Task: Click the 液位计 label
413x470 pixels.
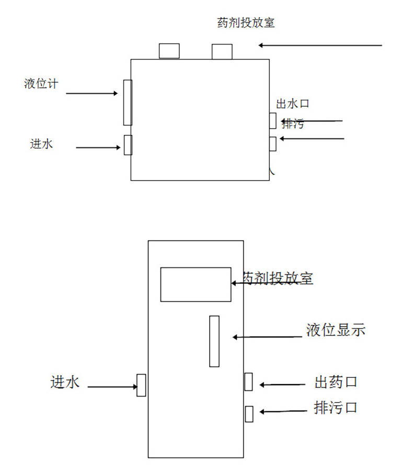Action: pos(41,83)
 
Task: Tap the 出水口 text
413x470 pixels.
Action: pos(293,104)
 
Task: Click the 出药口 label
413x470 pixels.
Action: pos(336,382)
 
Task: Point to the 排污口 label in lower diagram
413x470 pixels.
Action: pos(336,407)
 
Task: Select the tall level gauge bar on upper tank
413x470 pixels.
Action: pos(128,103)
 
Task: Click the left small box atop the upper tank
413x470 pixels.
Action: pos(169,51)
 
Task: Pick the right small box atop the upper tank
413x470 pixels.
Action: pos(222,51)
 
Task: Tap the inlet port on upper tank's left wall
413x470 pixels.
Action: pos(128,145)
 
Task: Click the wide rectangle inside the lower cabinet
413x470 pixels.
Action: pos(196,284)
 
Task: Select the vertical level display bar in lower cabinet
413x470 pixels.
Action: pos(214,341)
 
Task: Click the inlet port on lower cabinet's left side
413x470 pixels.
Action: pos(141,385)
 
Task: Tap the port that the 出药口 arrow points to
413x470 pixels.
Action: pos(248,382)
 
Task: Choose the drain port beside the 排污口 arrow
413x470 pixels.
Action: pos(249,413)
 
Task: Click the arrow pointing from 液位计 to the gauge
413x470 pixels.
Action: pos(91,94)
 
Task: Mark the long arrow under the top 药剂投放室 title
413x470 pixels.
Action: pos(320,46)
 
